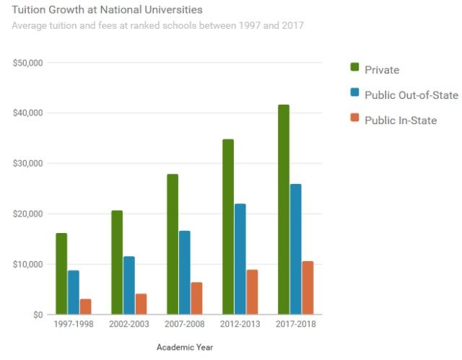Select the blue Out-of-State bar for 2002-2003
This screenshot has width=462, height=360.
128,286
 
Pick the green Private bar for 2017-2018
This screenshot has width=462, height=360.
283,209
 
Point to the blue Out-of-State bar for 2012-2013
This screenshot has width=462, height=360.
240,259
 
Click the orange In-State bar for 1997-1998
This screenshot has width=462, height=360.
85,307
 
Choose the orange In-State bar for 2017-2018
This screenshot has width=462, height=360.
307,288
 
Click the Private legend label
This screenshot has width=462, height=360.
382,70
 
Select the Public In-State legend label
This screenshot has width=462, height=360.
401,120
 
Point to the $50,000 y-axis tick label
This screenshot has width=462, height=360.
28,63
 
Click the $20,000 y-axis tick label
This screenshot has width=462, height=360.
28,214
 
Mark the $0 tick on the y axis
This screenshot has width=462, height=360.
36,315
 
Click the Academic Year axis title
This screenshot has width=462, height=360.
184,347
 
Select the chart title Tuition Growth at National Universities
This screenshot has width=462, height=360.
107,11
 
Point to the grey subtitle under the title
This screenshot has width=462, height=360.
157,26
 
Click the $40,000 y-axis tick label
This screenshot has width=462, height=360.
28,113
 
